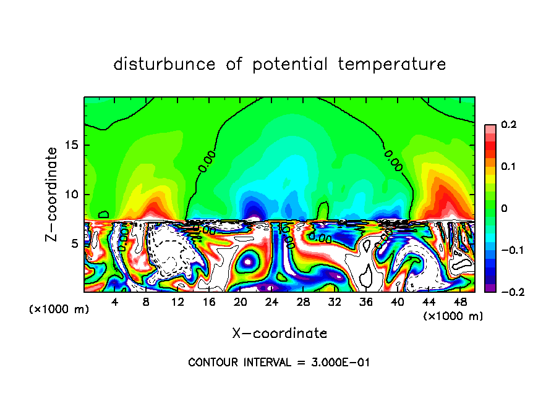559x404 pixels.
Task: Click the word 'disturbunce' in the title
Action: pos(164,64)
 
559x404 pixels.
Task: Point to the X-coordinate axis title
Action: pos(279,333)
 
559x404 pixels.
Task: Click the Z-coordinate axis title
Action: pos(52,193)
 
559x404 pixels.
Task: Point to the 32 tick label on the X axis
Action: pos(335,302)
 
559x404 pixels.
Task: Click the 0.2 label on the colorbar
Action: pos(508,125)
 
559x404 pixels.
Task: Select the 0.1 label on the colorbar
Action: pos(508,167)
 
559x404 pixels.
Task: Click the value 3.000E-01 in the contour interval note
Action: pos(339,362)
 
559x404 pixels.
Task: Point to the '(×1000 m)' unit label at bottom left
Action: pos(59,309)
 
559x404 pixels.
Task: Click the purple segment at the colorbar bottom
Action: pos(490,288)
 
